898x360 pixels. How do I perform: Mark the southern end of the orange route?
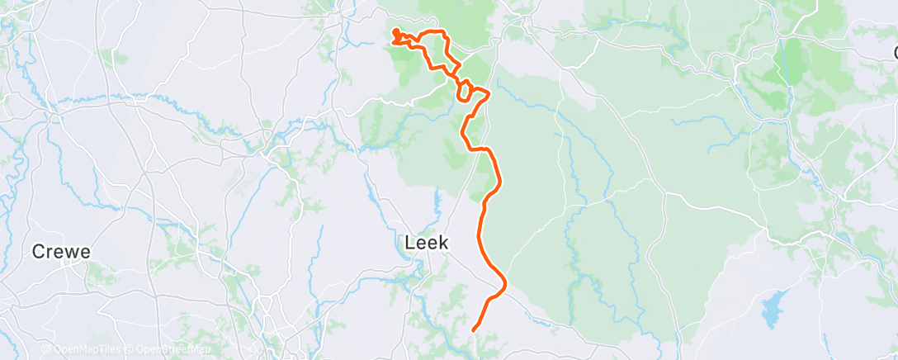click(x=474, y=331)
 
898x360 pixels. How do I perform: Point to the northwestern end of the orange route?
click(x=395, y=31)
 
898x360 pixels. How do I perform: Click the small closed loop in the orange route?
click(x=467, y=90)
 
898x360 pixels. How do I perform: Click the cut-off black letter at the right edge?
click(x=895, y=53)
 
